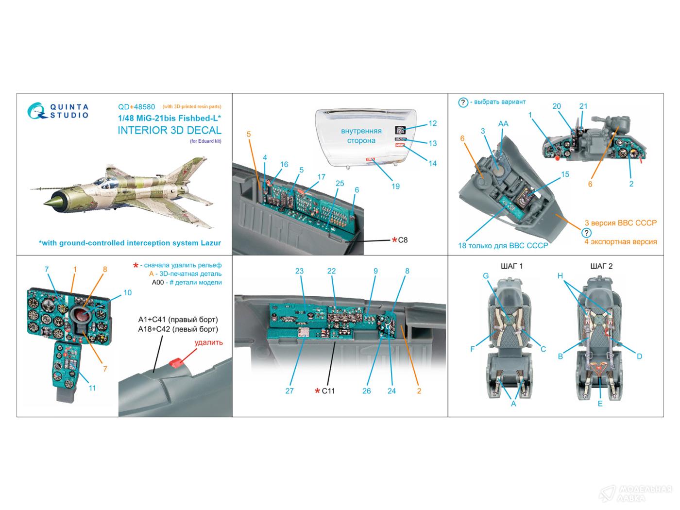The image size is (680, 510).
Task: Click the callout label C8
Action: pos(403,240)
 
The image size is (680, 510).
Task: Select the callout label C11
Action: pos(328,391)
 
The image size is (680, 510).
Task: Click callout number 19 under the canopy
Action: pos(395,186)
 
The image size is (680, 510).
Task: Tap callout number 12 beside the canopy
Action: pos(432,123)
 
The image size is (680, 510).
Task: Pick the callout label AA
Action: pos(503,124)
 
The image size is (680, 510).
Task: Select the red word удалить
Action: pos(209,342)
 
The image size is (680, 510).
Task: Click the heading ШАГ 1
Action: pos(511,266)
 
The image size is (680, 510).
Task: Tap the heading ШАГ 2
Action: pos(601,266)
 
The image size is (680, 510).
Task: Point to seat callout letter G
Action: pos(485,276)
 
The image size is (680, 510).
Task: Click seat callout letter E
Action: pos(600,403)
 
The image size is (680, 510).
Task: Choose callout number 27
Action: pos(289,391)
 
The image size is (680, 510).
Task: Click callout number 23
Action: pos(299,271)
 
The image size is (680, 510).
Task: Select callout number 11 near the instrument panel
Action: pos(92,388)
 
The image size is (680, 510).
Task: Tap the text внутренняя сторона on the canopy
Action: pos(361,136)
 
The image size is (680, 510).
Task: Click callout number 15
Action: pos(565,174)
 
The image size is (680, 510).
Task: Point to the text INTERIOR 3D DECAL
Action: pos(170,130)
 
